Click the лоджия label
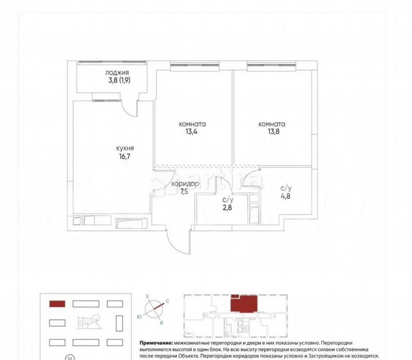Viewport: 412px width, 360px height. [x=117, y=72]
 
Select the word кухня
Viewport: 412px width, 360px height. [x=125, y=148]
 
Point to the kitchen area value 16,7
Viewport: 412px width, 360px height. [x=125, y=156]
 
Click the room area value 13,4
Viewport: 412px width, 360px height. [x=193, y=132]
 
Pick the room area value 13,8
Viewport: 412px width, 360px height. [x=272, y=132]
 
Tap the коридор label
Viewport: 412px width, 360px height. [x=186, y=184]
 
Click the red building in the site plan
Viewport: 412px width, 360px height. [x=57, y=304]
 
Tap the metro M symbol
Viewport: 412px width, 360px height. [x=70, y=357]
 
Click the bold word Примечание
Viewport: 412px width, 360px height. [x=156, y=344]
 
